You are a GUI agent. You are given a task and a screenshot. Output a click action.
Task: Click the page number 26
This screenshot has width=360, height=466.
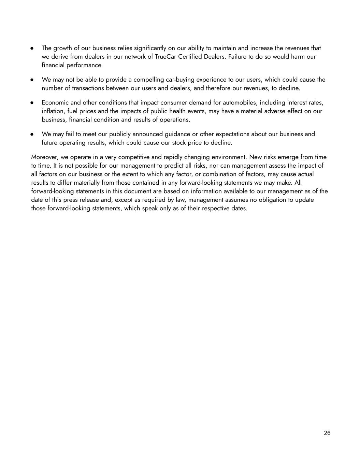pyautogui.click(x=327, y=433)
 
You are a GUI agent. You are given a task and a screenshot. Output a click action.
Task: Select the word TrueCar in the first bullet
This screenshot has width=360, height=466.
pyautogui.click(x=165, y=57)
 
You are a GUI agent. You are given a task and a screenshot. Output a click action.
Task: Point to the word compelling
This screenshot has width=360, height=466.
pyautogui.click(x=148, y=80)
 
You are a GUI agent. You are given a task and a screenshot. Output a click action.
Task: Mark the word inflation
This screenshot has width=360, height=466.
pyautogui.click(x=53, y=111)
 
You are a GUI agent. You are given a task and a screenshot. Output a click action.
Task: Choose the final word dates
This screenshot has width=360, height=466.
pyautogui.click(x=239, y=208)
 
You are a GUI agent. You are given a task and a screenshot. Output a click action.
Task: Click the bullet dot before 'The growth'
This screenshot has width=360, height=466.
pyautogui.click(x=32, y=48)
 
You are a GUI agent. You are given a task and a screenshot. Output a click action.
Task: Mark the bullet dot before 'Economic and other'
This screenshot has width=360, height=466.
pyautogui.click(x=32, y=102)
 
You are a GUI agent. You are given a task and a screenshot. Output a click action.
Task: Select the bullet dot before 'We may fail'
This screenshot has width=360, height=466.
pyautogui.click(x=32, y=134)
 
